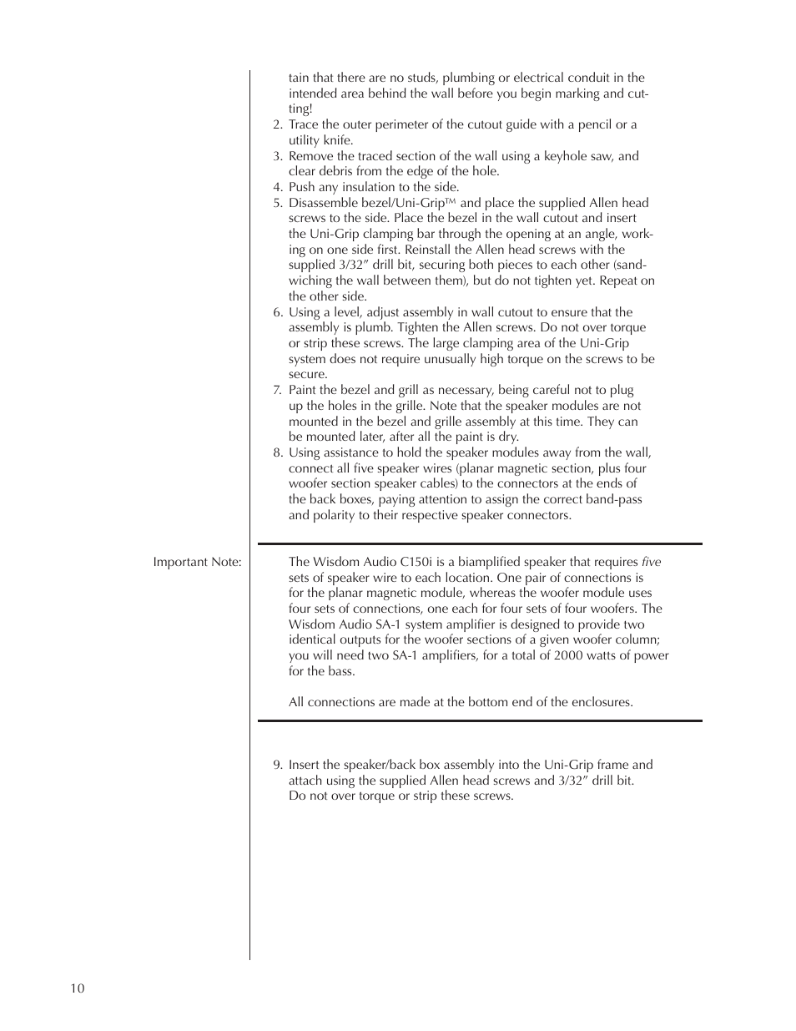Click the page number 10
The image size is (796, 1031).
pos(77,988)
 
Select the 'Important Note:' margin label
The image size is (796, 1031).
pos(197,562)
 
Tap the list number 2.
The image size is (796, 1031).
pos(277,124)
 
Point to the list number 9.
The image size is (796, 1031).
pos(277,765)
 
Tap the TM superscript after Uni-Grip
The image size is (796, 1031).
pos(451,201)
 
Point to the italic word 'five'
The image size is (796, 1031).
pos(651,562)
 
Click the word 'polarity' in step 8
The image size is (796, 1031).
pos(336,515)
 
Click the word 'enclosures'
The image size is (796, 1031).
pos(600,702)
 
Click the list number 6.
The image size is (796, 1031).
pos(277,312)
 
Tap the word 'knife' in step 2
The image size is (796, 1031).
pos(336,140)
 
